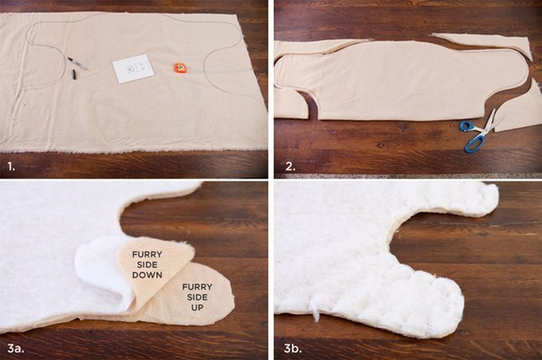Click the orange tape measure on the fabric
pos(180,68)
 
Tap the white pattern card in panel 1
pos(134,68)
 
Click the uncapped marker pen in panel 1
pos(77,63)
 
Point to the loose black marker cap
pos(74,74)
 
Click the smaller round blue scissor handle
pos(466,126)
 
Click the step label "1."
pos(12,167)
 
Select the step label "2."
pos(291,167)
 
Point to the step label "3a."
pos(16,348)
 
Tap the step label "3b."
pos(293,348)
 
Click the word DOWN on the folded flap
pos(147,275)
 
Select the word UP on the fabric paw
pos(197,307)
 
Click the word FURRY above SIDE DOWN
pos(147,255)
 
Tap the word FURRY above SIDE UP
pos(197,287)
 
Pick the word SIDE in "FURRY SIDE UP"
pos(197,297)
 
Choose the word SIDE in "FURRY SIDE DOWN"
pos(147,265)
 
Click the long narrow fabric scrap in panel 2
pos(482,44)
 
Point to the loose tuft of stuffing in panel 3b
pos(316,312)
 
